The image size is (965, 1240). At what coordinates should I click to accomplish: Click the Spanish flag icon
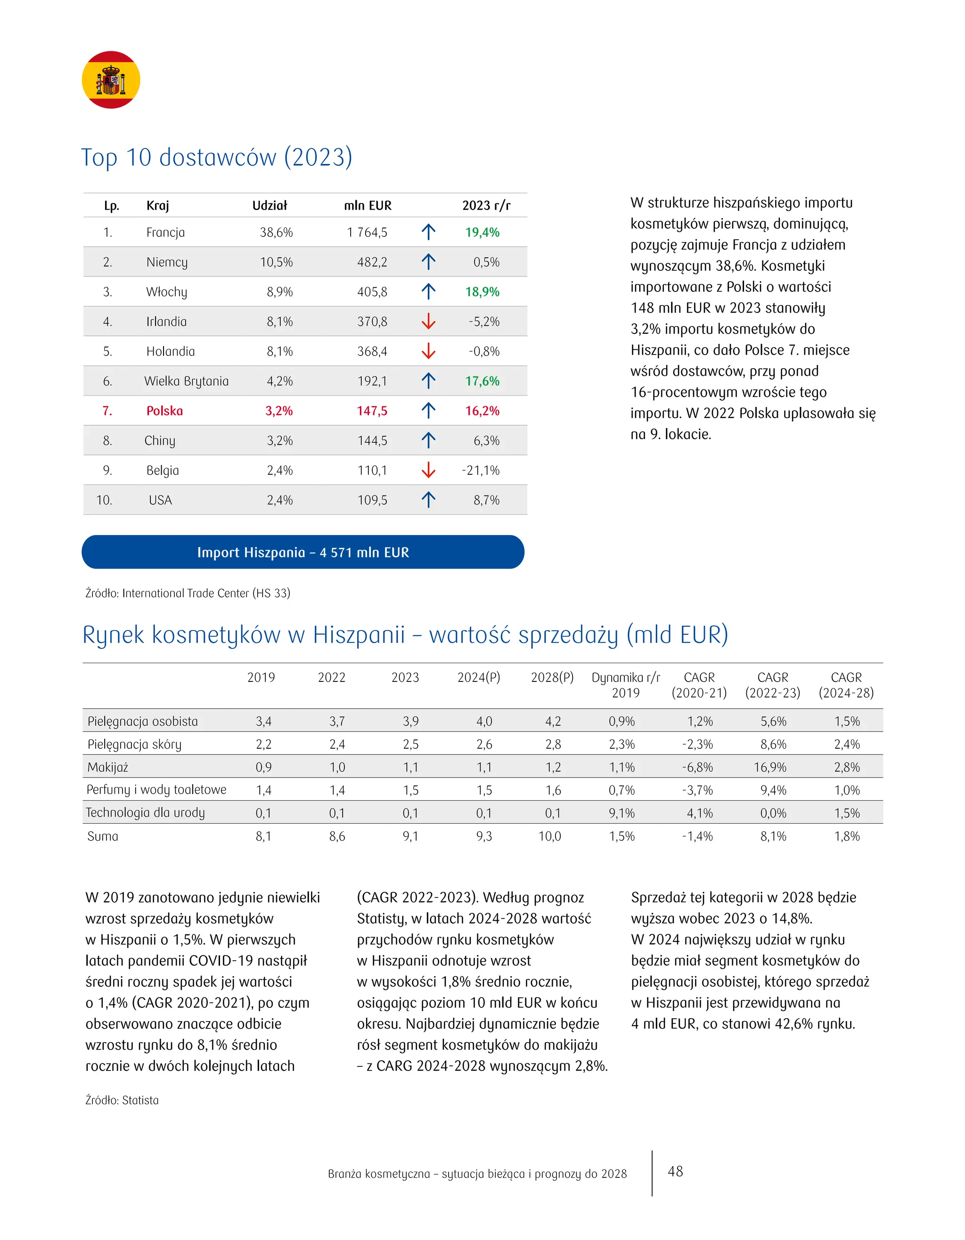click(x=111, y=80)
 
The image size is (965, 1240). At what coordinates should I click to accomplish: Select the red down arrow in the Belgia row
click(x=428, y=470)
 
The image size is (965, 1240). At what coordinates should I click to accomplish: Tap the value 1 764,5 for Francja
click(x=367, y=232)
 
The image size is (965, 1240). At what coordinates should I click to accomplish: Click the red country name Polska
click(x=165, y=411)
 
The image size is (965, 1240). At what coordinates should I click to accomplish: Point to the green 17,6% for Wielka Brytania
click(x=482, y=381)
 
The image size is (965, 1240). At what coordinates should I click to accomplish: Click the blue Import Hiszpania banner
click(x=303, y=552)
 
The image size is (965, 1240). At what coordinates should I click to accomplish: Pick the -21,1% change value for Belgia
click(x=481, y=470)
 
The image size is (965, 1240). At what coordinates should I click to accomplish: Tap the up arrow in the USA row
click(x=428, y=500)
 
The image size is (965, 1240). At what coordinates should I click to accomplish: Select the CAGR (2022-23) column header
click(x=772, y=685)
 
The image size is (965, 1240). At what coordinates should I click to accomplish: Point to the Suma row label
click(x=103, y=836)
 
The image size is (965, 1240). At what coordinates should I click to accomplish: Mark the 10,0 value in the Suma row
click(x=550, y=836)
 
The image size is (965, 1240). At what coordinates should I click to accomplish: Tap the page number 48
click(x=675, y=1171)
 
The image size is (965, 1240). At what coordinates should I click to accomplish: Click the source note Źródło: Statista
click(x=122, y=1100)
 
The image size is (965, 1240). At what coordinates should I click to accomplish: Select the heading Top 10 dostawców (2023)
click(x=216, y=157)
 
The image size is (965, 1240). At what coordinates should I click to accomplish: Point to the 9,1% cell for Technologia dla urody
click(x=622, y=813)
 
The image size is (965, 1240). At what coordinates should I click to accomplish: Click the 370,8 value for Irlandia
click(x=372, y=321)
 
